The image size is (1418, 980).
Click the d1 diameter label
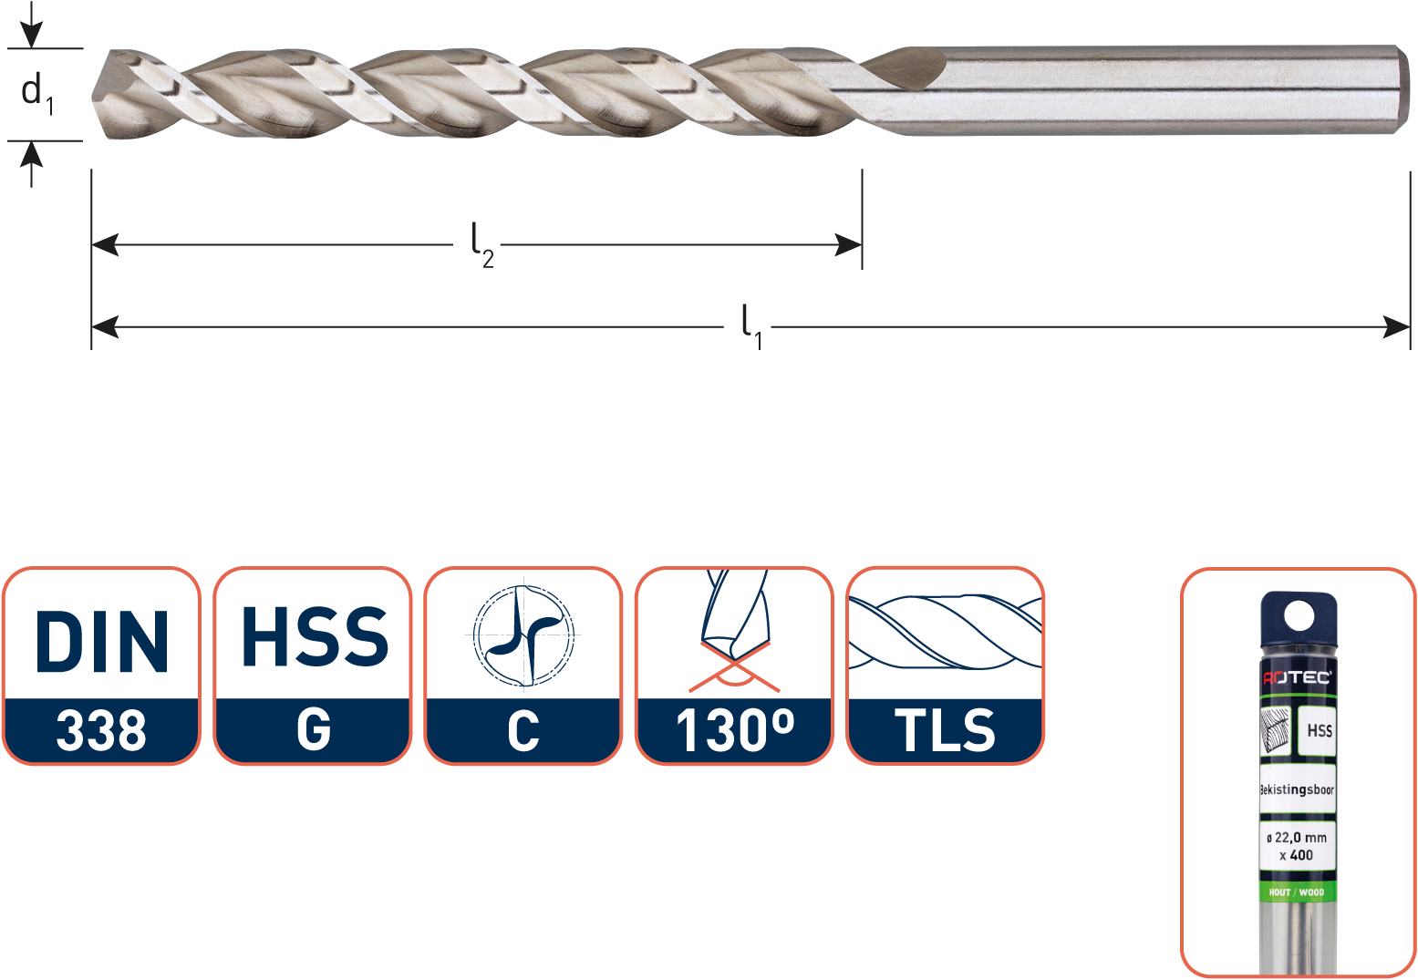37,94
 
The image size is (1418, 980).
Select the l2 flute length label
481,246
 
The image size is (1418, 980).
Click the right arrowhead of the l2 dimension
848,244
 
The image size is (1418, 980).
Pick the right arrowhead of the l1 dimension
1396,327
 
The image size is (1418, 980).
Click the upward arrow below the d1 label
31,164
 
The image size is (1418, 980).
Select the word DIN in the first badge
102,641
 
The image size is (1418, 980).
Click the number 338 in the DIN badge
101,731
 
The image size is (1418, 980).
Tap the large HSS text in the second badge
315,636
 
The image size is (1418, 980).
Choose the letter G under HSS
314,728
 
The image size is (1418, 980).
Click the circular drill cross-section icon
523,635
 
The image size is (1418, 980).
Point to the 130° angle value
735,731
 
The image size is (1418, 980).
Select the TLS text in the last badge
945,731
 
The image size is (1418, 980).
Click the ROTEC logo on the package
1297,677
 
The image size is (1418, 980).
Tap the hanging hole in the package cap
1299,615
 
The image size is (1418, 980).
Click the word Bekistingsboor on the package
1297,789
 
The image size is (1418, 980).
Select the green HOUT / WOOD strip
1297,892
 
